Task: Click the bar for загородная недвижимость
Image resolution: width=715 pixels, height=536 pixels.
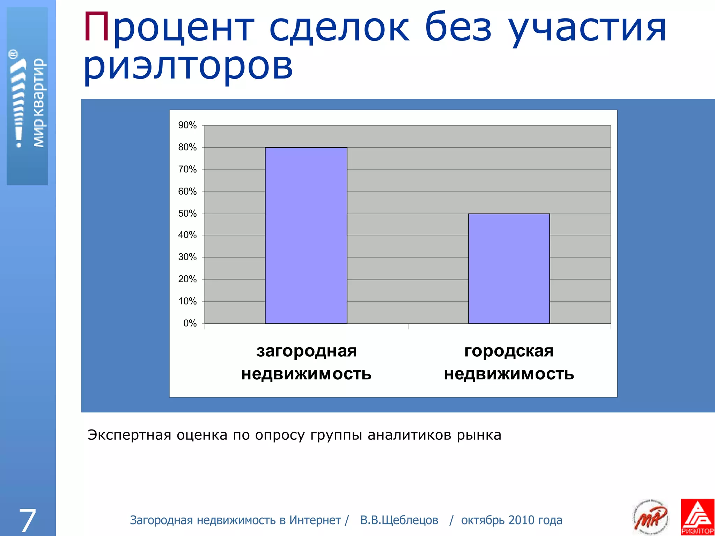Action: pos(306,236)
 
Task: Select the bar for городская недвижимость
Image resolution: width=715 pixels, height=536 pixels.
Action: pos(509,268)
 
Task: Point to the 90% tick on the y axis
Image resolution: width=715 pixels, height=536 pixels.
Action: pos(187,125)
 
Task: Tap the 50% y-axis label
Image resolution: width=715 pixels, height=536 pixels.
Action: pos(187,214)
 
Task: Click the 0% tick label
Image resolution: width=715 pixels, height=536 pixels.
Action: pos(190,323)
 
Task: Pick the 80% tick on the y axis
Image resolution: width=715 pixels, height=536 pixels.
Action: pos(187,147)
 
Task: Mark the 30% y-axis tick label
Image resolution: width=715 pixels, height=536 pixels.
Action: pos(187,257)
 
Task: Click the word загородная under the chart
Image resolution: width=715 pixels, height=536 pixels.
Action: pos(307,351)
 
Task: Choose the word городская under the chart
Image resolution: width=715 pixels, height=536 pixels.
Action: pos(509,351)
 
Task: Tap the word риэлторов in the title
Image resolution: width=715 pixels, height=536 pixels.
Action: pos(188,66)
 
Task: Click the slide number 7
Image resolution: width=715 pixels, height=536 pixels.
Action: pos(27,520)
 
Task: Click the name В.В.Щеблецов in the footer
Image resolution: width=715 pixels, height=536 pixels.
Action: pos(399,520)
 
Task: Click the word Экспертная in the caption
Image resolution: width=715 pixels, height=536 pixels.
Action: pos(129,435)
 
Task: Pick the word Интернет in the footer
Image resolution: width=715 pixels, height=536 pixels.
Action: pos(315,520)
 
